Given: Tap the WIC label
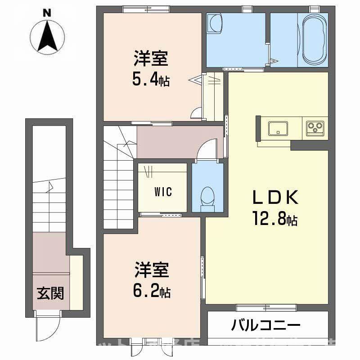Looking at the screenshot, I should pos(162,192).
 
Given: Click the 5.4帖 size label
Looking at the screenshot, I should pos(151,80).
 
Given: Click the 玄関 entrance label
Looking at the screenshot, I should pos(50,293).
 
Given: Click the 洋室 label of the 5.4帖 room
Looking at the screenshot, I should pos(151,59).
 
